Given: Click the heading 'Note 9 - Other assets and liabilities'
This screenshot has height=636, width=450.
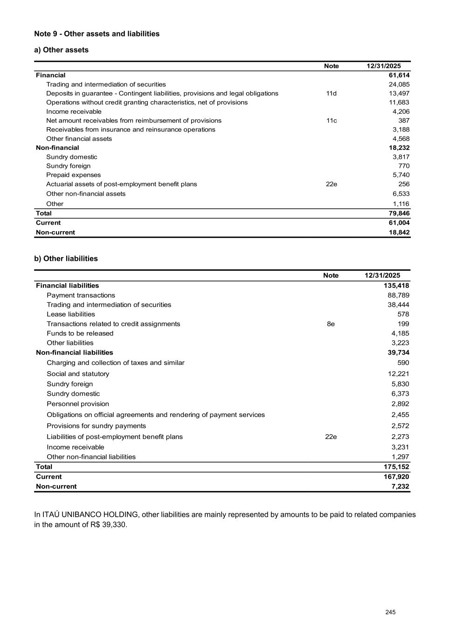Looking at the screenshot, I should pos(97,34).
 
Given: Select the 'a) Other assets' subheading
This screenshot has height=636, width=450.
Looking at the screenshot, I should pos(61,50).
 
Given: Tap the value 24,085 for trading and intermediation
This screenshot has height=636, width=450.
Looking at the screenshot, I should pos(399,84).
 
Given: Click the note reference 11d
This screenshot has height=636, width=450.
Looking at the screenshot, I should pos(331,93).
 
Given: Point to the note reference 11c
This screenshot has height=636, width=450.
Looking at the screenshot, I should pos(331,121).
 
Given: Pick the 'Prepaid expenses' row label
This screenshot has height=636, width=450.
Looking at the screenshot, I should pos(73,175).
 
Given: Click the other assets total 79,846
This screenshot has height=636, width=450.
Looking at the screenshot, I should pos(399,213).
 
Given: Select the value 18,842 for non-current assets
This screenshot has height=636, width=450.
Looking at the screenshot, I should pos(399,233).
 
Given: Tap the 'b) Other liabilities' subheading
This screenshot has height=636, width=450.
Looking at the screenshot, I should pos(66,259).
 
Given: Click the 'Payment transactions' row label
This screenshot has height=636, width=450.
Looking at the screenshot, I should pos(81,295).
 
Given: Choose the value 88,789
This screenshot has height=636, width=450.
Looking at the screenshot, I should pos(398,295).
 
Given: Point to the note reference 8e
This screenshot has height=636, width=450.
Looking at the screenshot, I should pos(331,324).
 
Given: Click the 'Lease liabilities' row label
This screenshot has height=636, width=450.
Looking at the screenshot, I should pos(70,315).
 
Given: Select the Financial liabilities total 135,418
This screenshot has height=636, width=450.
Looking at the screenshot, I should pos(396,286).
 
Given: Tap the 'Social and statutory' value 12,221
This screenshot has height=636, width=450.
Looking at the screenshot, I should pos(398,374).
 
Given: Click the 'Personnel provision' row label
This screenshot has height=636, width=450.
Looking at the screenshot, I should pos(77,404).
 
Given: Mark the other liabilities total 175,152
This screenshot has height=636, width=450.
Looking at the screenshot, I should pos(396,467).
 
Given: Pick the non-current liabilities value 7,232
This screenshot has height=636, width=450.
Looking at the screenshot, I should pos(400,486).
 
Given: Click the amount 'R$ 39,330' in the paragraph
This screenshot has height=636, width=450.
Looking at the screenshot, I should pos(109,525).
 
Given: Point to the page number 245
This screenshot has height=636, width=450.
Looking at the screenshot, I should pos(390,612).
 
